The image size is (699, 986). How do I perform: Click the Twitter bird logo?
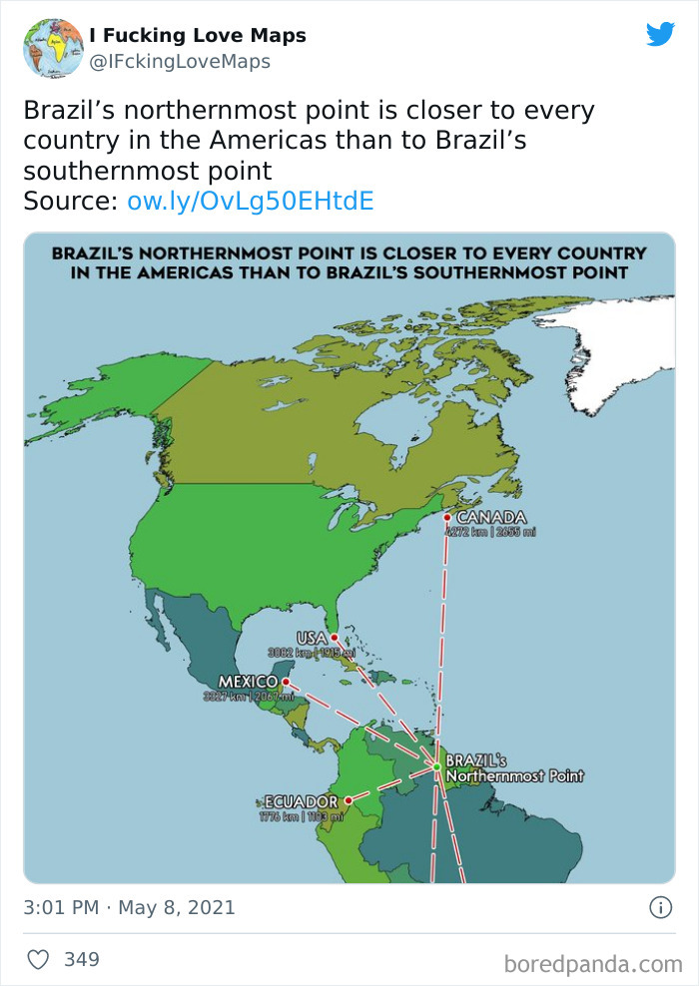tap(660, 35)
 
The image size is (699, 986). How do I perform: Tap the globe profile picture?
tap(53, 48)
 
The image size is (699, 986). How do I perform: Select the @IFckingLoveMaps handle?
tap(180, 62)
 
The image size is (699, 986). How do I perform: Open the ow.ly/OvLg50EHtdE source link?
tap(251, 201)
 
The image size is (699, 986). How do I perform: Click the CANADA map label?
tap(491, 517)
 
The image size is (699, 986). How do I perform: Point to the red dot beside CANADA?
tap(447, 517)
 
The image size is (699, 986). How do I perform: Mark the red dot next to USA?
tap(335, 638)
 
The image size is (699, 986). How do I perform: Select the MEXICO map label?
tap(247, 681)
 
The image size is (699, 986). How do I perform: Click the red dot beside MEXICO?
tap(286, 682)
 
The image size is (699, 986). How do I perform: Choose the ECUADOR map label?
tap(301, 801)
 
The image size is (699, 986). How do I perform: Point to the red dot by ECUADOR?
tap(349, 800)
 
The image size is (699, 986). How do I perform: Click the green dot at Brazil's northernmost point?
tap(436, 766)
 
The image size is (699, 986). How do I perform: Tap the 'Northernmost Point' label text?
tap(514, 775)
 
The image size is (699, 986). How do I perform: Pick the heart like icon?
tap(38, 959)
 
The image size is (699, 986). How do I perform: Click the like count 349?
tap(82, 959)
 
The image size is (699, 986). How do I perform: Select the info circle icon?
tap(660, 907)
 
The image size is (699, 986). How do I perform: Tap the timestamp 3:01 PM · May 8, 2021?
tap(129, 907)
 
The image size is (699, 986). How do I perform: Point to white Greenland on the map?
tap(614, 349)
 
